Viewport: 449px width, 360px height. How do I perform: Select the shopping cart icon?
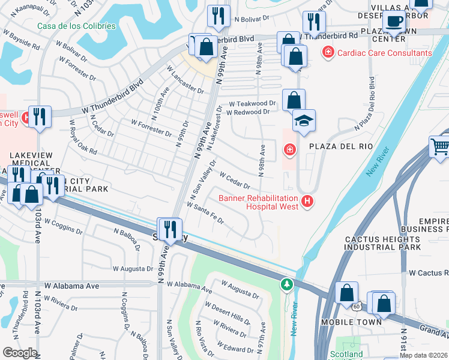tap(439, 146)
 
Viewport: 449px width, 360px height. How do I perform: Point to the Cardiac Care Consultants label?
tap(384, 53)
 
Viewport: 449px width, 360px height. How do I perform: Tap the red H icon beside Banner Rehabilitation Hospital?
tap(307, 201)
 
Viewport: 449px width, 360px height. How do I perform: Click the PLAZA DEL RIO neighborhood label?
tap(340, 146)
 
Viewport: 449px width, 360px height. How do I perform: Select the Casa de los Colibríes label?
tap(76, 26)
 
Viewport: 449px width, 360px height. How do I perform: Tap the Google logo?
tap(20, 352)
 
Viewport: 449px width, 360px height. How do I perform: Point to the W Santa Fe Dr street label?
tap(205, 214)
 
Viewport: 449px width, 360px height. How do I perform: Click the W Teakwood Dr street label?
tap(252, 103)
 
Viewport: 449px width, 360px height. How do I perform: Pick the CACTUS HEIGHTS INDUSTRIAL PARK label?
tap(383, 243)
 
